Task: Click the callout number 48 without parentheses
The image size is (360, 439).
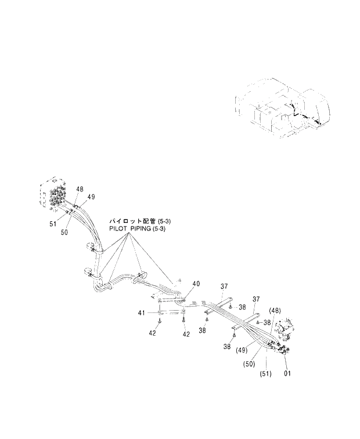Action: [79, 189]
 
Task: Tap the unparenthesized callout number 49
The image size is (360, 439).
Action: [91, 197]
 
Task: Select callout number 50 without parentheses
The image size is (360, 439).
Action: [64, 232]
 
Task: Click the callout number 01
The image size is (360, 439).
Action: [287, 373]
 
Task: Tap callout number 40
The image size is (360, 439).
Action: [196, 284]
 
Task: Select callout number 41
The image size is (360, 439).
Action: [141, 314]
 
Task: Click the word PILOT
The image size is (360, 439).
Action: [120, 229]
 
